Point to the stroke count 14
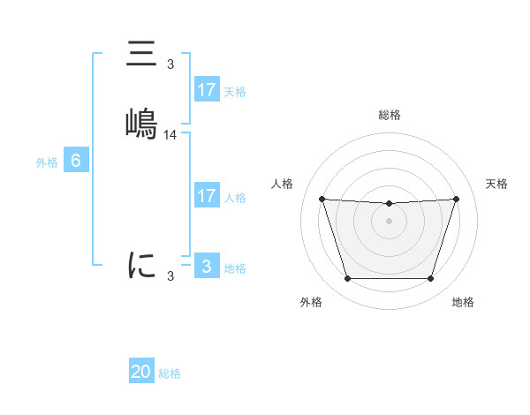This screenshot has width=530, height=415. tap(170, 135)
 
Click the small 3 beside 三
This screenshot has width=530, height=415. tap(170, 64)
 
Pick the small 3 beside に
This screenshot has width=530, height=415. tap(170, 276)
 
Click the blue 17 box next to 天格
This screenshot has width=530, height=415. tap(206, 90)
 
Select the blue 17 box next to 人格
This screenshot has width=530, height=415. tap(206, 196)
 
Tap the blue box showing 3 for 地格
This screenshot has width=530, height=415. tap(206, 267)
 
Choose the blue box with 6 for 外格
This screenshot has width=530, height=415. tap(75, 161)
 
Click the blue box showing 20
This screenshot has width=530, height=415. tap(141, 372)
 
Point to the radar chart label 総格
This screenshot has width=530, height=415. tap(389, 115)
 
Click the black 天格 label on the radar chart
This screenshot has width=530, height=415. tap(497, 184)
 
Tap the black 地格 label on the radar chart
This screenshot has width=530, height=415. tap(463, 302)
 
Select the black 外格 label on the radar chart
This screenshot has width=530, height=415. tap(311, 302)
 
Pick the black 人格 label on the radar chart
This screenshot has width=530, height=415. tap(283, 184)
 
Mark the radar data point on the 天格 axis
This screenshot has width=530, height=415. tap(456, 199)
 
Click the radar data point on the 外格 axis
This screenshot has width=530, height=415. tap(347, 279)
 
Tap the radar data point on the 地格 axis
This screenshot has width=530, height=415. tap(430, 279)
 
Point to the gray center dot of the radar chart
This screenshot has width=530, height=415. tap(389, 221)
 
